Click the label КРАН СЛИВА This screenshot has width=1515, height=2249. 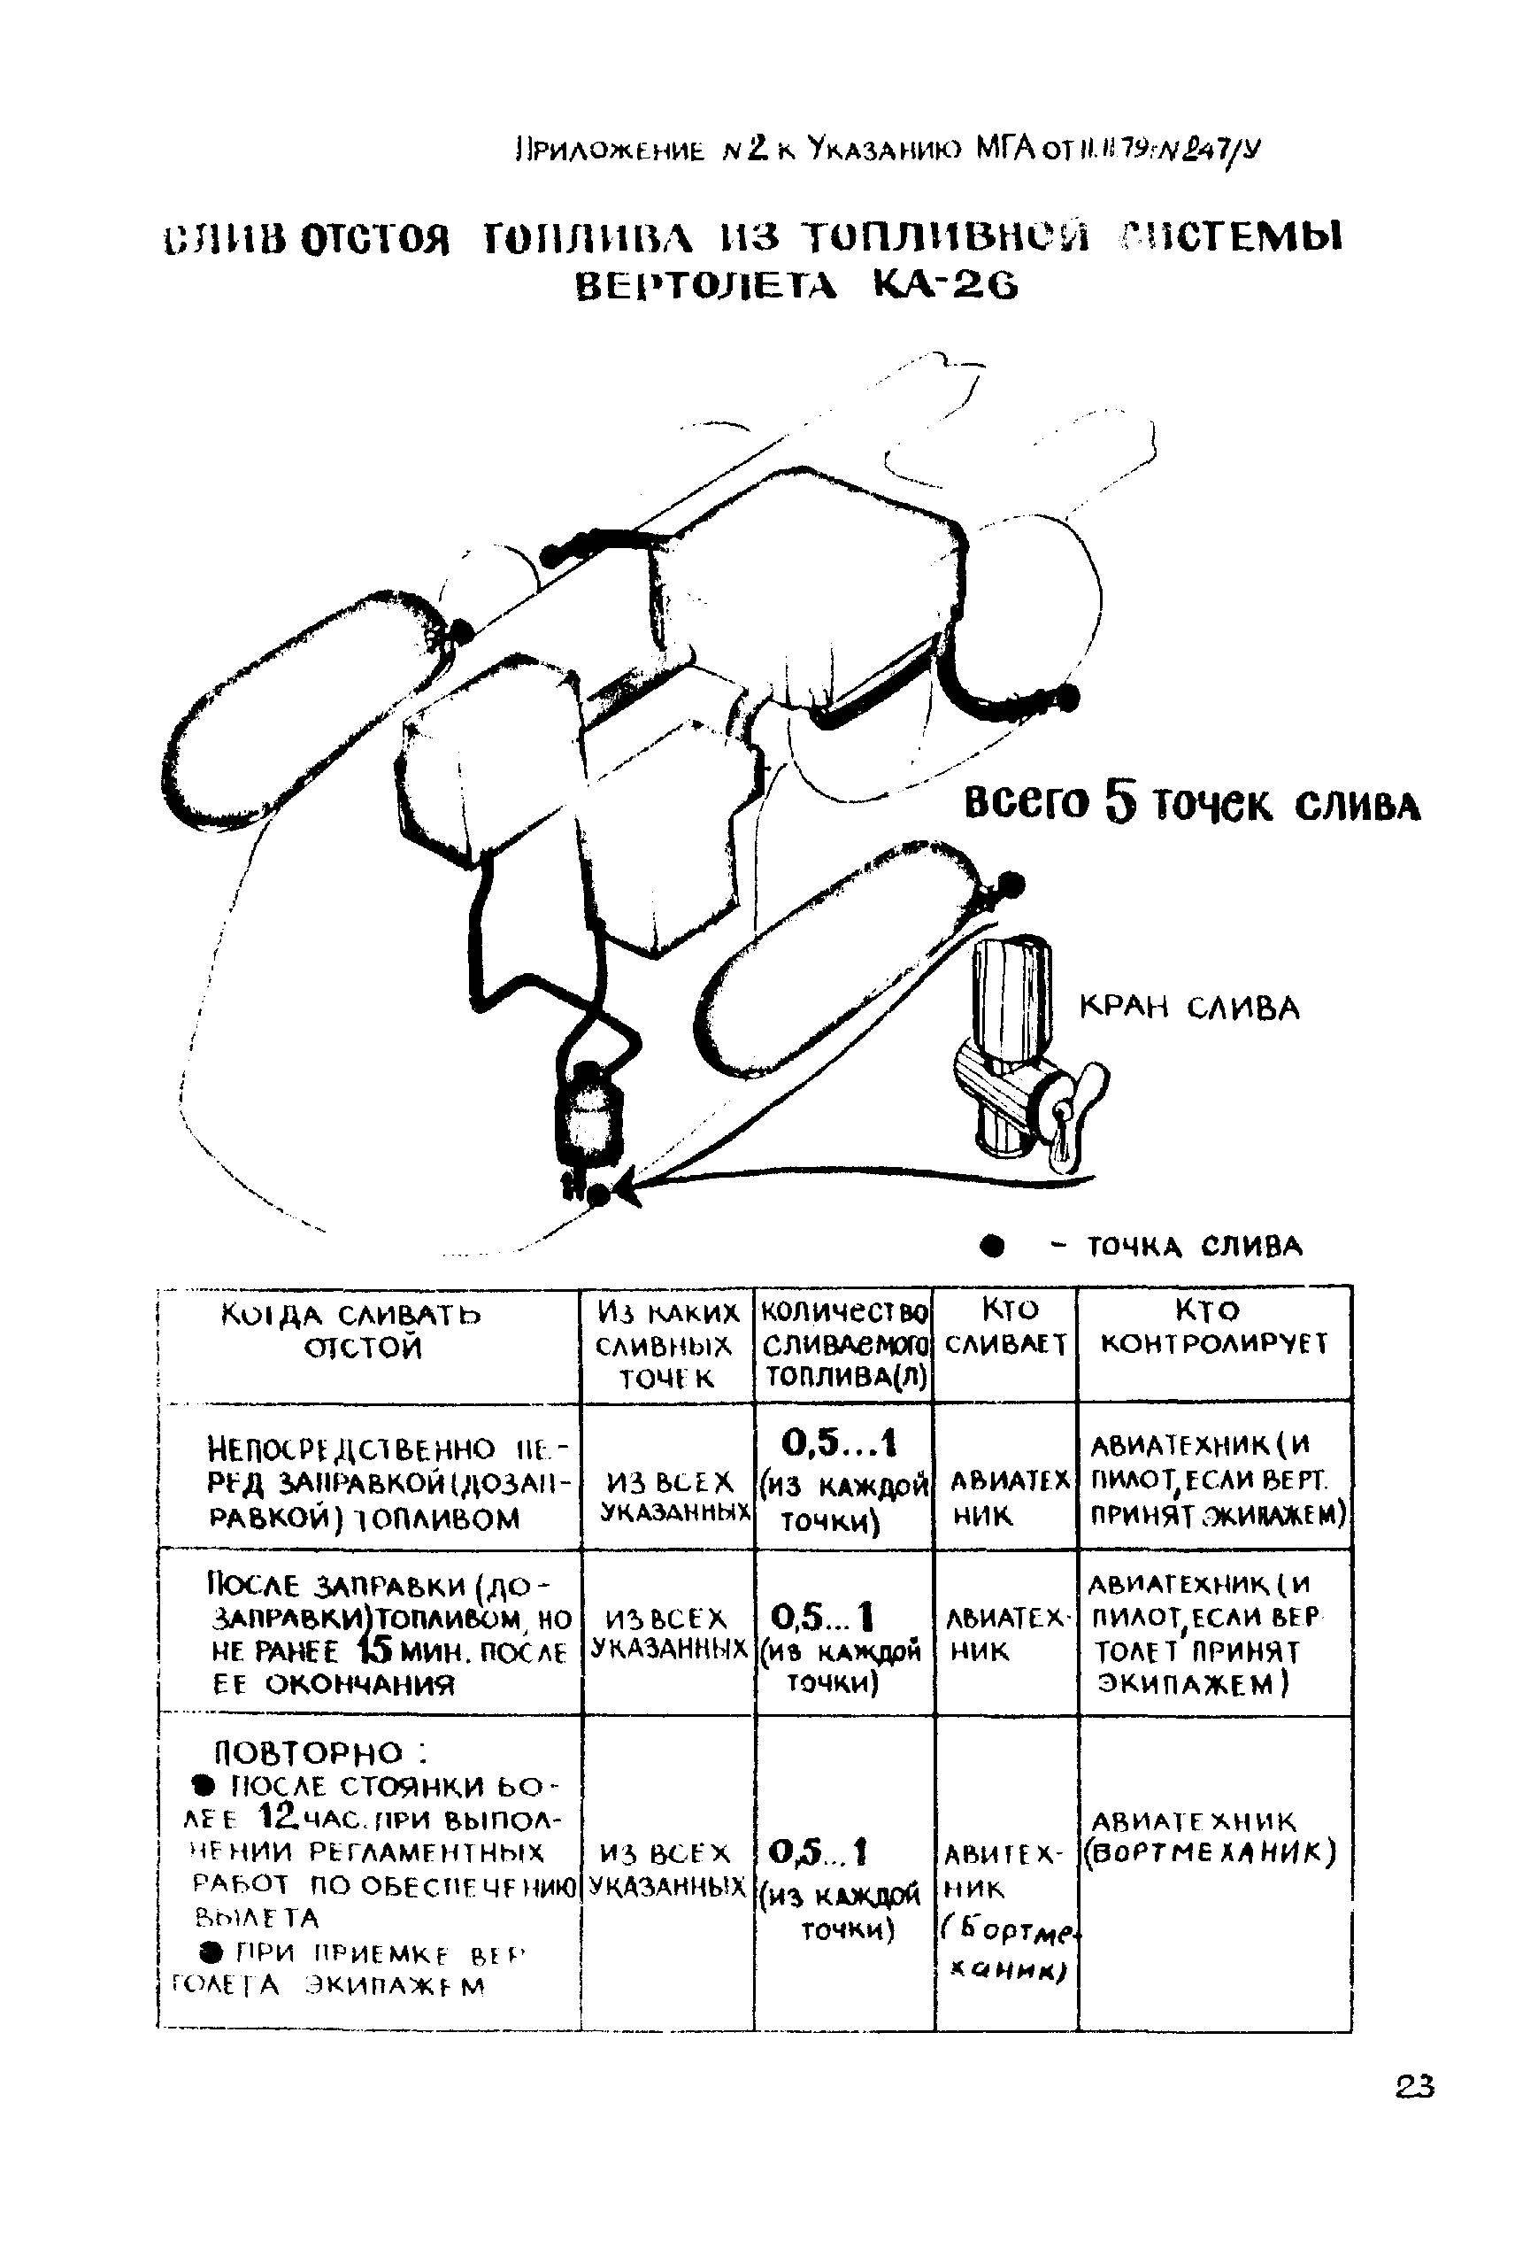(1188, 1008)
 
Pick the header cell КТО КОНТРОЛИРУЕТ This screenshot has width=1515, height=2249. (1213, 1326)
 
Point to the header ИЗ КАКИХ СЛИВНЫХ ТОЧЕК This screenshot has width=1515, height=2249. (666, 1343)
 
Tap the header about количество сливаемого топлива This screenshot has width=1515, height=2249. (844, 1343)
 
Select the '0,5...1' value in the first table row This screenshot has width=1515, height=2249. (839, 1444)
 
